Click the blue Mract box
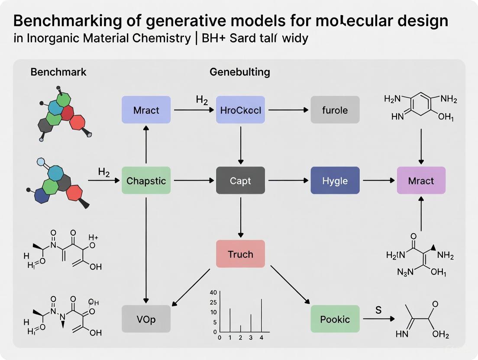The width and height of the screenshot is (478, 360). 146,110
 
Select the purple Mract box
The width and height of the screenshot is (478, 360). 421,180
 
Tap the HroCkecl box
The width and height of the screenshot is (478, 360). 240,110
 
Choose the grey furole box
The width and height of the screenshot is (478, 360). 335,110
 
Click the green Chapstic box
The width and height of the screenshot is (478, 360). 146,180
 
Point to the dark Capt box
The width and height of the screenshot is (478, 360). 240,180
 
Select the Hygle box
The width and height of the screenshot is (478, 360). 335,180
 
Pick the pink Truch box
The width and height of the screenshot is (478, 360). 240,254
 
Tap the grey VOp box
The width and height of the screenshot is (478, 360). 146,319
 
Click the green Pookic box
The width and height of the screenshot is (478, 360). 335,319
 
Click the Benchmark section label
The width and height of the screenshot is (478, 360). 58,72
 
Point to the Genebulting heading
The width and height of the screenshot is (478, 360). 240,72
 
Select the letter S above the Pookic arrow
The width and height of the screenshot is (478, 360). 378,310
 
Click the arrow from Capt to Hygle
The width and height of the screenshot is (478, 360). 287,180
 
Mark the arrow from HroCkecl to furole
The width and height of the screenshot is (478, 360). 287,110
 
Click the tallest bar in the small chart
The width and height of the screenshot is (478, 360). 262,315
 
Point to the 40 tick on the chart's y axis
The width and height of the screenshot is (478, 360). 213,292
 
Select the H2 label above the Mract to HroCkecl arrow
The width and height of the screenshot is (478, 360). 202,100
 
